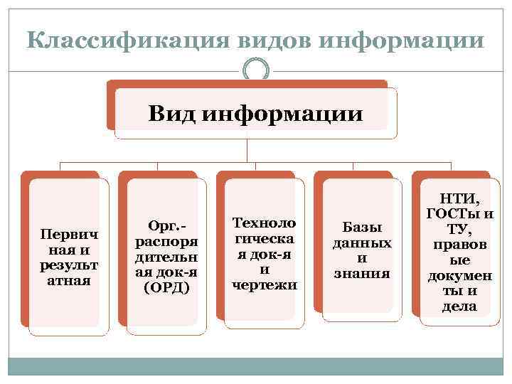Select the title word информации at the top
pos(402,40)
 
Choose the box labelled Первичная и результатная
pos(70,256)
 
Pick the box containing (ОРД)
pos(166,256)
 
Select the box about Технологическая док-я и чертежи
pos(265,254)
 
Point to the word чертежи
pos(265,286)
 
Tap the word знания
pos(362,273)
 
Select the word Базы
pos(362,227)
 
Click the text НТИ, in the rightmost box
pos(460,200)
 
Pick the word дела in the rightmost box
pos(460,307)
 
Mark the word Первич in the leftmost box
pos(70,234)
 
